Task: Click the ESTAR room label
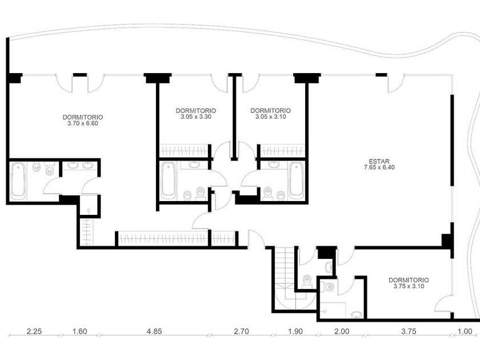click(379, 161)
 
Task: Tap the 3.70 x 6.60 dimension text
click(83, 123)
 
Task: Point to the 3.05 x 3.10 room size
click(270, 117)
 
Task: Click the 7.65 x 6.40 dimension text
click(379, 167)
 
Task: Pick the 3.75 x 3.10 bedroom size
click(409, 286)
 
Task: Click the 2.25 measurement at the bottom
click(34, 331)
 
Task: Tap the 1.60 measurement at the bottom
click(79, 331)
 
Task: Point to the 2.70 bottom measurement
click(241, 331)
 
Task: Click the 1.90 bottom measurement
click(295, 331)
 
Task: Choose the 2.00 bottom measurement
click(341, 331)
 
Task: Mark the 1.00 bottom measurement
click(465, 331)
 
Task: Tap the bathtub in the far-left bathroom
click(18, 181)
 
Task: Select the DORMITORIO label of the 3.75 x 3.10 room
click(409, 280)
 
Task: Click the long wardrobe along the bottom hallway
click(163, 238)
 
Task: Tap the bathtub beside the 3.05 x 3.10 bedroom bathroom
click(297, 181)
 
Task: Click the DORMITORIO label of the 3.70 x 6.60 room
click(83, 117)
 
